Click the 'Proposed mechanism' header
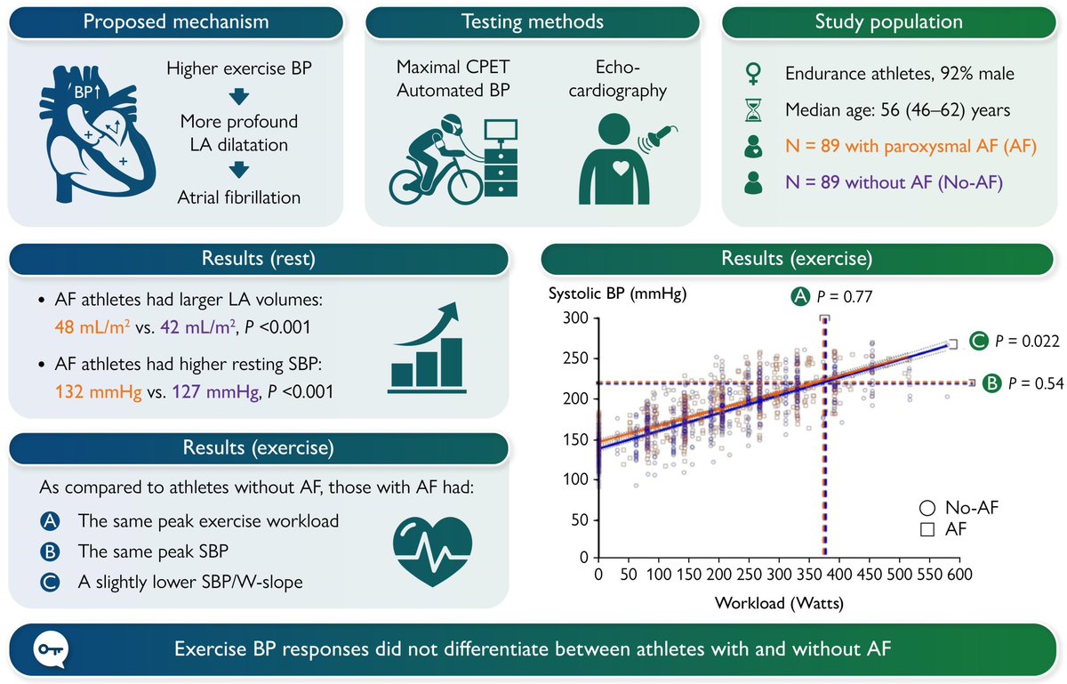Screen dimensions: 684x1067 click(x=175, y=21)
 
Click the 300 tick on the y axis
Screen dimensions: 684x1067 click(x=579, y=318)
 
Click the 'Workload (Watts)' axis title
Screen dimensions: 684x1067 click(x=779, y=601)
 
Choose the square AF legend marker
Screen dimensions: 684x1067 click(x=927, y=529)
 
